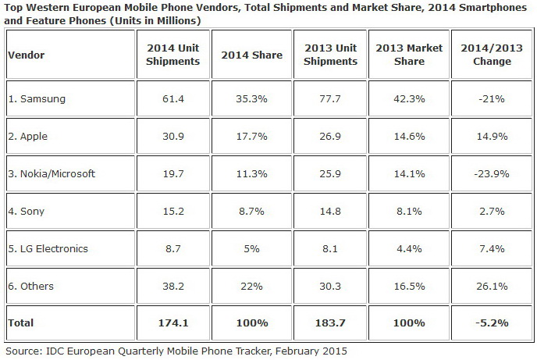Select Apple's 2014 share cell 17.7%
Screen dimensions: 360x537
pyautogui.click(x=246, y=137)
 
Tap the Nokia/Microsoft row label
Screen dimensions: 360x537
pyautogui.click(x=52, y=174)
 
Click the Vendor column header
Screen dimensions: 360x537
pyautogui.click(x=26, y=55)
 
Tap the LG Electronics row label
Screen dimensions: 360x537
pyautogui.click(x=49, y=249)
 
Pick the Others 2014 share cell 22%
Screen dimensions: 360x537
pyautogui.click(x=246, y=286)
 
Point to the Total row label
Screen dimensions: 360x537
pyautogui.click(x=21, y=321)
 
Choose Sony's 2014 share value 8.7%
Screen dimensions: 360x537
pyautogui.click(x=246, y=212)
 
